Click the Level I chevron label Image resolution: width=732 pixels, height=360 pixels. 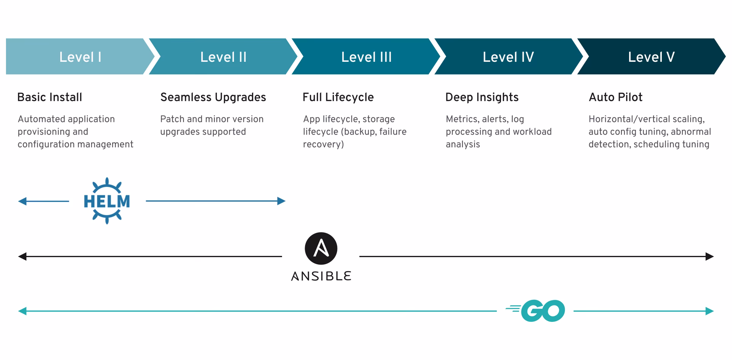pos(80,57)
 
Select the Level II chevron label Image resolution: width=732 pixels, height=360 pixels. pos(223,57)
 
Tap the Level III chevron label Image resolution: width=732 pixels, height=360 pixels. pos(366,57)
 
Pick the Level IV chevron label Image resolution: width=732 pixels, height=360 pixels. pos(508,57)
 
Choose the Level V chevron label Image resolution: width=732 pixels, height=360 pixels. pos(651,57)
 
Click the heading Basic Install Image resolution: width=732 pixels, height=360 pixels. pos(50,97)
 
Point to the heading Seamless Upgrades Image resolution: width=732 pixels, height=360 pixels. pos(213,97)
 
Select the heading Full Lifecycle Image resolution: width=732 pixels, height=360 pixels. pos(338,97)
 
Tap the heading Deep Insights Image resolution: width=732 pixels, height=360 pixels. pos(482,97)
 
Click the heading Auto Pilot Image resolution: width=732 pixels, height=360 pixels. pos(615,97)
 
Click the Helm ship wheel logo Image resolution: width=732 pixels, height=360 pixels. pos(107,201)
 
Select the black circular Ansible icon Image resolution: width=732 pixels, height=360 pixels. pos(321,249)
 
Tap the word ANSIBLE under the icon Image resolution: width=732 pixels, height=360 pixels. pos(321,276)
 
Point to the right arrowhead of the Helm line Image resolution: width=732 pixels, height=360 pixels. pos(282,201)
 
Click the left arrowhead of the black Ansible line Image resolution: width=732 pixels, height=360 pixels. pos(22,256)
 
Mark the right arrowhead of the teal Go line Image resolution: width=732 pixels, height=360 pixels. pos(710,311)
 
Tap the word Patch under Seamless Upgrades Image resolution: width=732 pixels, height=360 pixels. pos(172,119)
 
